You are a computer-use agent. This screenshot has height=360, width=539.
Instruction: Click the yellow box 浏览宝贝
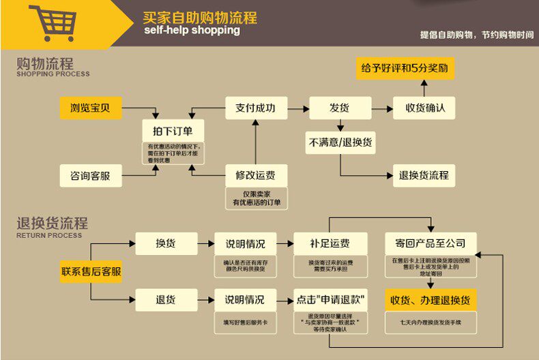click(90, 108)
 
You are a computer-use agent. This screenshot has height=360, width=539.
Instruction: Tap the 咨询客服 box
click(90, 175)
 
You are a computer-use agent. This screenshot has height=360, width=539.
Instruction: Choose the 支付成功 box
click(255, 108)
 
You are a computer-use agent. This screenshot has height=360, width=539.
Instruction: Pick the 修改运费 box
click(255, 175)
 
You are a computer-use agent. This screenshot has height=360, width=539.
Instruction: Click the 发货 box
click(340, 108)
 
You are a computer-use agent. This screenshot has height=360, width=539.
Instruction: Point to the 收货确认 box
click(424, 108)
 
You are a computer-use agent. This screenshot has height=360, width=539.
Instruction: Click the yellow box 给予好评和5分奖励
click(405, 68)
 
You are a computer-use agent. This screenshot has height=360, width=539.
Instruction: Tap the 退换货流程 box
click(424, 175)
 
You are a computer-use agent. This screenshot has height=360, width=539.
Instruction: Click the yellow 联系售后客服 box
click(91, 271)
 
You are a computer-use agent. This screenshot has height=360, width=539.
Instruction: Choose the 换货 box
click(166, 243)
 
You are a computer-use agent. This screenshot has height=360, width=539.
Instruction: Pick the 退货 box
click(166, 299)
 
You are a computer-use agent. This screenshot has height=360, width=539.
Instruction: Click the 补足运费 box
click(330, 243)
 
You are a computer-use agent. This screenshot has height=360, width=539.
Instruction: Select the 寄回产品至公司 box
click(430, 243)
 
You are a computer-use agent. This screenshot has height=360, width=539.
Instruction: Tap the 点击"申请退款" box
click(330, 299)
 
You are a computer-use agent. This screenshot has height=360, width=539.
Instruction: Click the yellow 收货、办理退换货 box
click(430, 299)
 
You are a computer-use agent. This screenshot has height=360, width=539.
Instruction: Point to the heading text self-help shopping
click(192, 31)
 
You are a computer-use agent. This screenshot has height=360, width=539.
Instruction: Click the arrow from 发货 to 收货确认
click(382, 108)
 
